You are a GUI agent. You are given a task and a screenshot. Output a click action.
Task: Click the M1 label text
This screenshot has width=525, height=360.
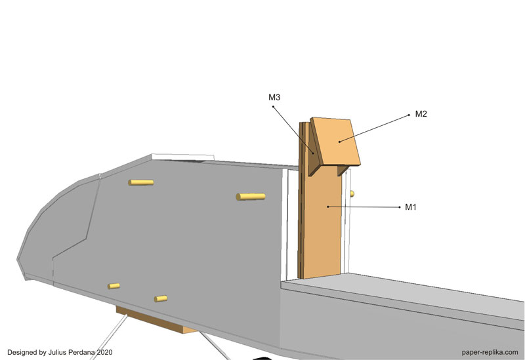coord(411,207)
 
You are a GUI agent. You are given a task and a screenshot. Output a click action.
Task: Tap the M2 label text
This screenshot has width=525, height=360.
coord(421,113)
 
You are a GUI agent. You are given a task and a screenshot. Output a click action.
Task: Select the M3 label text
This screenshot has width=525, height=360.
coord(274,97)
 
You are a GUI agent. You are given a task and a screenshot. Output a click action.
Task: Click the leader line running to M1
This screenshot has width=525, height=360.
coord(364,207)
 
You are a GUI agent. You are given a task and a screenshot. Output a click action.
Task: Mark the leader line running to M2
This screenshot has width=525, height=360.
coord(374,129)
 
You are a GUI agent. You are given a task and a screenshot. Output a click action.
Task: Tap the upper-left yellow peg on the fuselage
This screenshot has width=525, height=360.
coord(141,182)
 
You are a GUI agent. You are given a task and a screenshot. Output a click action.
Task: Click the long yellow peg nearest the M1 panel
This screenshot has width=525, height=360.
coord(251,197)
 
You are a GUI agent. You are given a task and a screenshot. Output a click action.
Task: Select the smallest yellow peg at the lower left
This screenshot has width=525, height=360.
coord(114,286)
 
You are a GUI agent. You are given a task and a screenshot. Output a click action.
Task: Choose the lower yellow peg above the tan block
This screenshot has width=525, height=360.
coord(161,298)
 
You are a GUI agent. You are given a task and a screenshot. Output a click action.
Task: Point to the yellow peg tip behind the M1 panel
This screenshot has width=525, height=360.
coord(352,193)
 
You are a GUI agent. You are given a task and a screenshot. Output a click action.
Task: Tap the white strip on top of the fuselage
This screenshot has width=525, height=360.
coord(182,157)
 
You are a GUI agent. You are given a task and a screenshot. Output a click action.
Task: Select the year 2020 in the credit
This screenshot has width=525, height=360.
coord(104,352)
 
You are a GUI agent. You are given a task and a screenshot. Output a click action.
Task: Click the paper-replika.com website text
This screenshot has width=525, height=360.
coord(490,352)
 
